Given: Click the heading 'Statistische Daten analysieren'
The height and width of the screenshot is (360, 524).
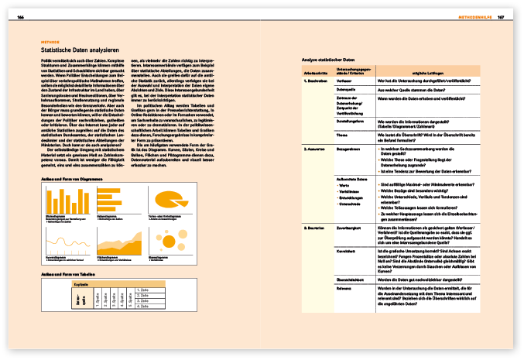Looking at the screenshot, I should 78,49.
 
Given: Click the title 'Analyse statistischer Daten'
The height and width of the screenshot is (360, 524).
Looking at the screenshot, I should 328,60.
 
